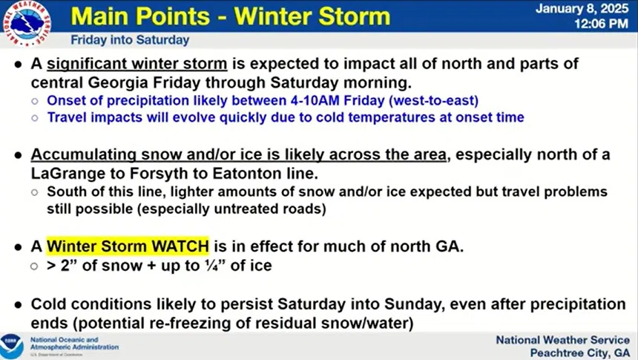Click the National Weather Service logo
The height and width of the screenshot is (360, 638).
pyautogui.click(x=27, y=23)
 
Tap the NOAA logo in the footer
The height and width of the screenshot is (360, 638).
pyautogui.click(x=11, y=346)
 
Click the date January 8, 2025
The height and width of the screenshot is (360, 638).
pyautogui.click(x=582, y=9)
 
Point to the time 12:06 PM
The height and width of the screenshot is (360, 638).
pyautogui.click(x=601, y=24)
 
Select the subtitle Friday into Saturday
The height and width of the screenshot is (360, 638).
pyautogui.click(x=130, y=40)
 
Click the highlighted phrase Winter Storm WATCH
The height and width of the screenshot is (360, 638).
pyautogui.click(x=128, y=246)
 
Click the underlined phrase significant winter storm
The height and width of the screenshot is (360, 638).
pyautogui.click(x=137, y=64)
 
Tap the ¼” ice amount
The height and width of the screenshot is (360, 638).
pyautogui.click(x=213, y=266)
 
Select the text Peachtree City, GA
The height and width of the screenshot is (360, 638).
pyautogui.click(x=580, y=353)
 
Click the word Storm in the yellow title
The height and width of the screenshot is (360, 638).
pyautogui.click(x=354, y=16)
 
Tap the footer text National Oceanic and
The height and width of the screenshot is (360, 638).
pyautogui.click(x=65, y=340)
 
